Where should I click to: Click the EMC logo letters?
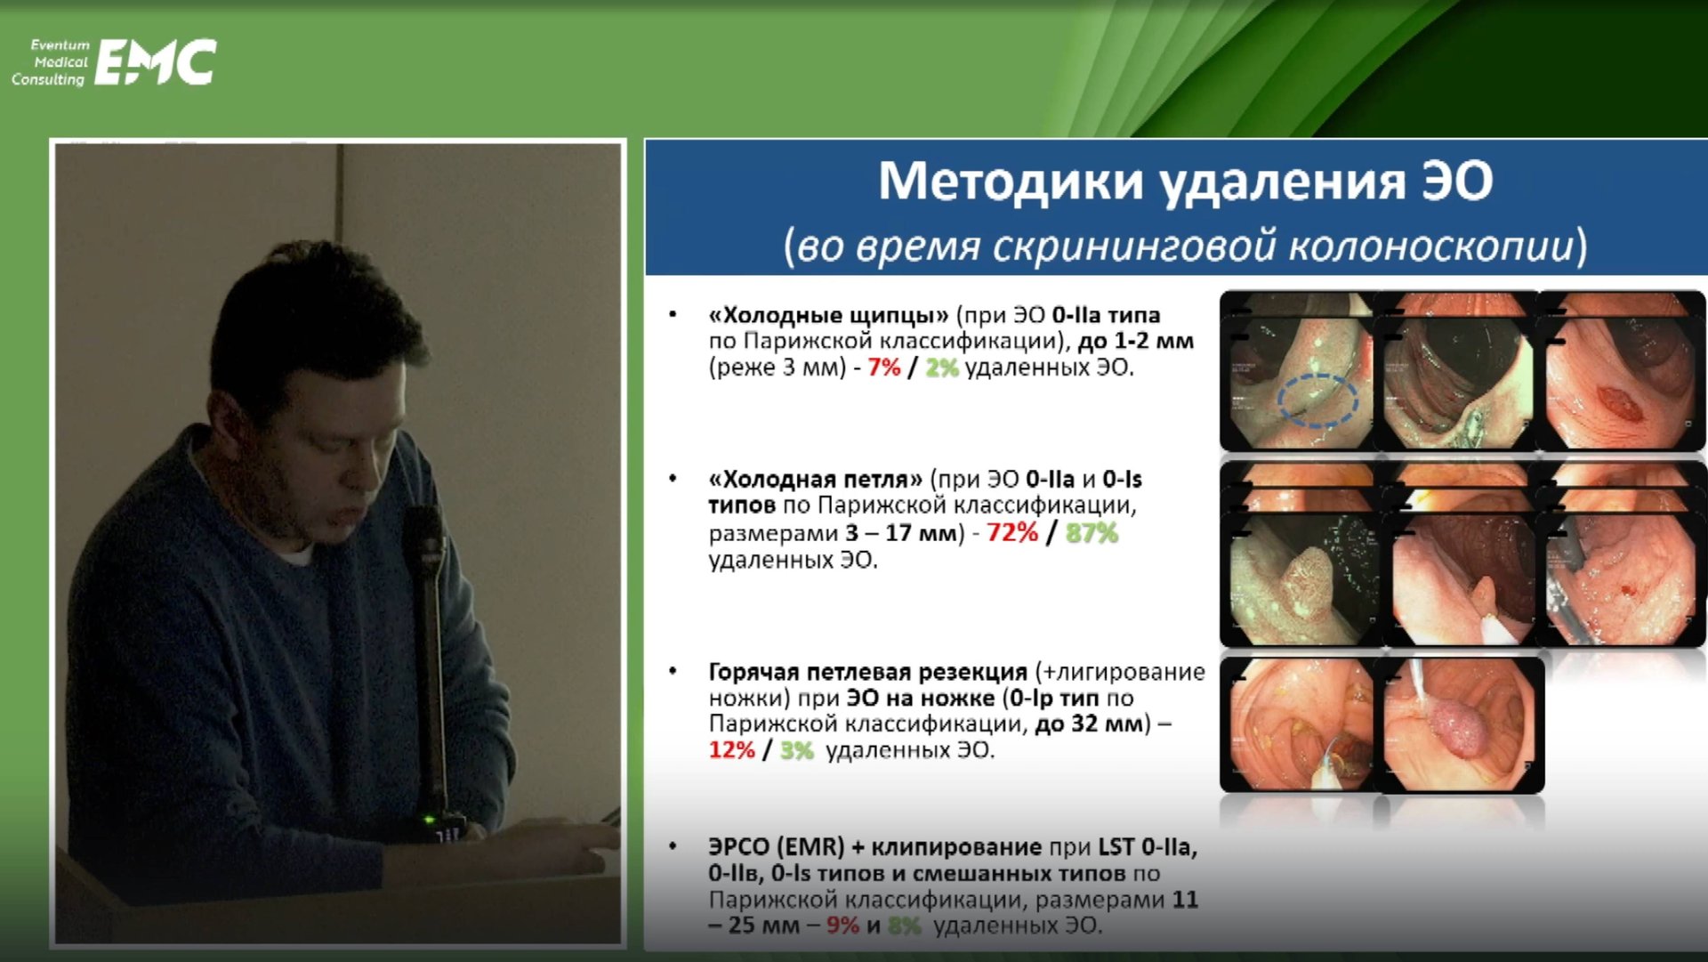(x=156, y=62)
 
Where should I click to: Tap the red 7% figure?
(x=884, y=368)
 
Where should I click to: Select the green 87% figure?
(x=1092, y=533)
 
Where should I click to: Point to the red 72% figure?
(x=1012, y=533)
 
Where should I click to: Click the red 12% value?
(x=731, y=750)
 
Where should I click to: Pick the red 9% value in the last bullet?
(x=842, y=926)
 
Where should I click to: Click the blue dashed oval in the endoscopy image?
(x=1317, y=401)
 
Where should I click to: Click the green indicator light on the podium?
(x=429, y=820)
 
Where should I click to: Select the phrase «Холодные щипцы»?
(x=828, y=315)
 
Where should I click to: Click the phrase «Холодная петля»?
(x=815, y=480)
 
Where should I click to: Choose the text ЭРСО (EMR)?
(x=776, y=847)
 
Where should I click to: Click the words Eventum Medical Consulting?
(x=52, y=62)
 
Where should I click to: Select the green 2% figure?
(x=941, y=368)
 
